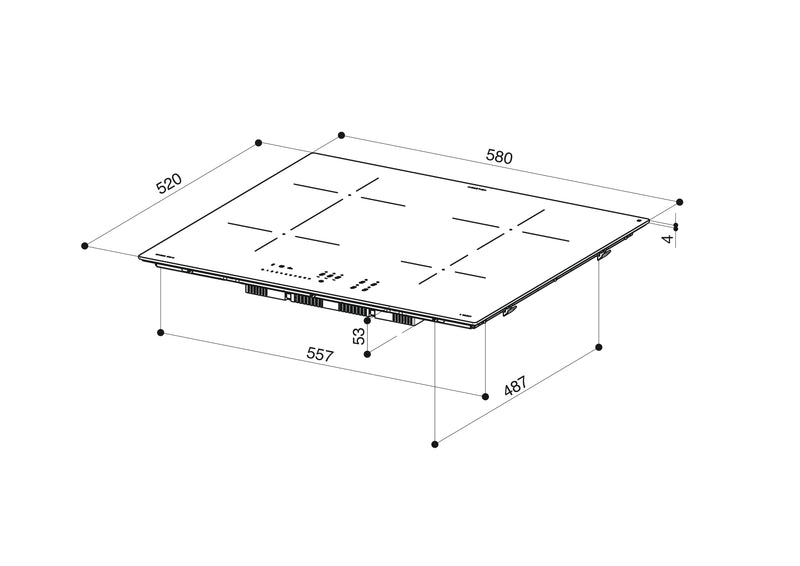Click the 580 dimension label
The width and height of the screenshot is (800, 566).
tap(500, 157)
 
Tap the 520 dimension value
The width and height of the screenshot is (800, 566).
tap(169, 186)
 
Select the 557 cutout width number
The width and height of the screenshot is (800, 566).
tap(319, 354)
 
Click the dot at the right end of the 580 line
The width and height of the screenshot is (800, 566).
tap(680, 201)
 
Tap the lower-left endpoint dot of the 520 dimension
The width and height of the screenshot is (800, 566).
tap(87, 244)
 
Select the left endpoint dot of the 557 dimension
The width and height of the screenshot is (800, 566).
tap(161, 330)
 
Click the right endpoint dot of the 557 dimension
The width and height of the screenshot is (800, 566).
tap(485, 396)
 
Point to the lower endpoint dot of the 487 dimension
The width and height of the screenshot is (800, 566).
tap(435, 441)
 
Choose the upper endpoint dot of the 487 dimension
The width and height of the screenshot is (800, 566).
tap(598, 347)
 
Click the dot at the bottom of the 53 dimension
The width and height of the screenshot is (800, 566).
tap(369, 353)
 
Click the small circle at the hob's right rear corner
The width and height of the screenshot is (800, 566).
tap(638, 220)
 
